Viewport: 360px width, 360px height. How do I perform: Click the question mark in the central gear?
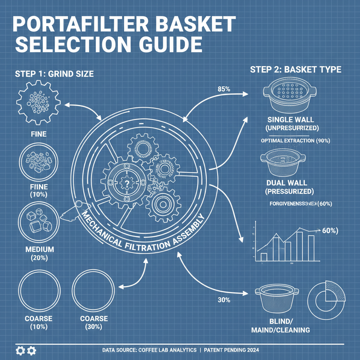[x=125, y=182]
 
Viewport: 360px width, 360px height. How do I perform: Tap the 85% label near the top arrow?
[x=224, y=89]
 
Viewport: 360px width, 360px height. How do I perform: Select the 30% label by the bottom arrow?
[x=224, y=300]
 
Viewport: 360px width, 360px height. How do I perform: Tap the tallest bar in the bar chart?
[x=300, y=246]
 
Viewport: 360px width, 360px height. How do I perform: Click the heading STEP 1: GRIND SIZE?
[x=54, y=74]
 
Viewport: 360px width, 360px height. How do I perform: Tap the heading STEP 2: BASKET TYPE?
[x=295, y=69]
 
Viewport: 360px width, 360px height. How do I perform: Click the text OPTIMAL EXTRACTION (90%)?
[x=295, y=141]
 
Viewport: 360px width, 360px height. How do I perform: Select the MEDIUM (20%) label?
[x=40, y=253]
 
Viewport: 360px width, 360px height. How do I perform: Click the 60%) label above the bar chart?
[x=330, y=231]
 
